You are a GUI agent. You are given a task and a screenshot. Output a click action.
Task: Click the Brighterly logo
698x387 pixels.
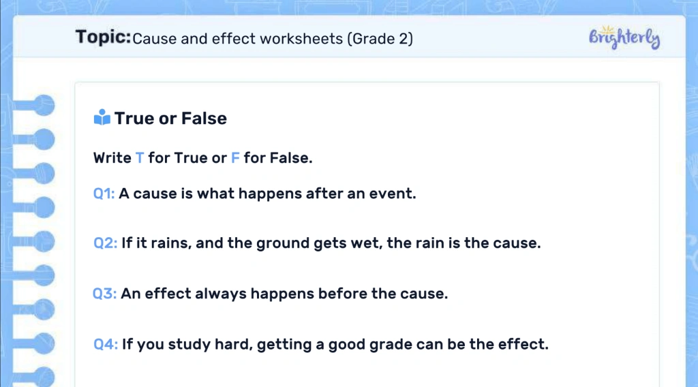coord(624,37)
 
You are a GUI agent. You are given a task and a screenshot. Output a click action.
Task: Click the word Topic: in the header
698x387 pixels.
coord(103,37)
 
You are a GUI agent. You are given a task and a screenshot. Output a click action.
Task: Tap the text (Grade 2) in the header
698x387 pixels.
coord(380,38)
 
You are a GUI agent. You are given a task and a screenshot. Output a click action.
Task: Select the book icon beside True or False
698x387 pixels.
coord(102,118)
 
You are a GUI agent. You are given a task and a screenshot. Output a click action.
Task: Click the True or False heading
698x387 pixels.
coord(170,118)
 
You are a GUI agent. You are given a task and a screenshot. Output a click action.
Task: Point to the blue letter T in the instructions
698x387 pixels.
coord(140,158)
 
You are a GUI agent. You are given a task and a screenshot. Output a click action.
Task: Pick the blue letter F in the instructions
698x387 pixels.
coord(235,158)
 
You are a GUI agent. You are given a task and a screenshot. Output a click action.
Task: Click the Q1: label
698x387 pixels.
coord(104,193)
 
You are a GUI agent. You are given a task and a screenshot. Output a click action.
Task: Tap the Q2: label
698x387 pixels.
coord(106,243)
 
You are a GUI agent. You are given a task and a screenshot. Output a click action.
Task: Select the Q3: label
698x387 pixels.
coord(105,294)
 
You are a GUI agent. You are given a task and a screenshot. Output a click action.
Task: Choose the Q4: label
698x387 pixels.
coord(106,344)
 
